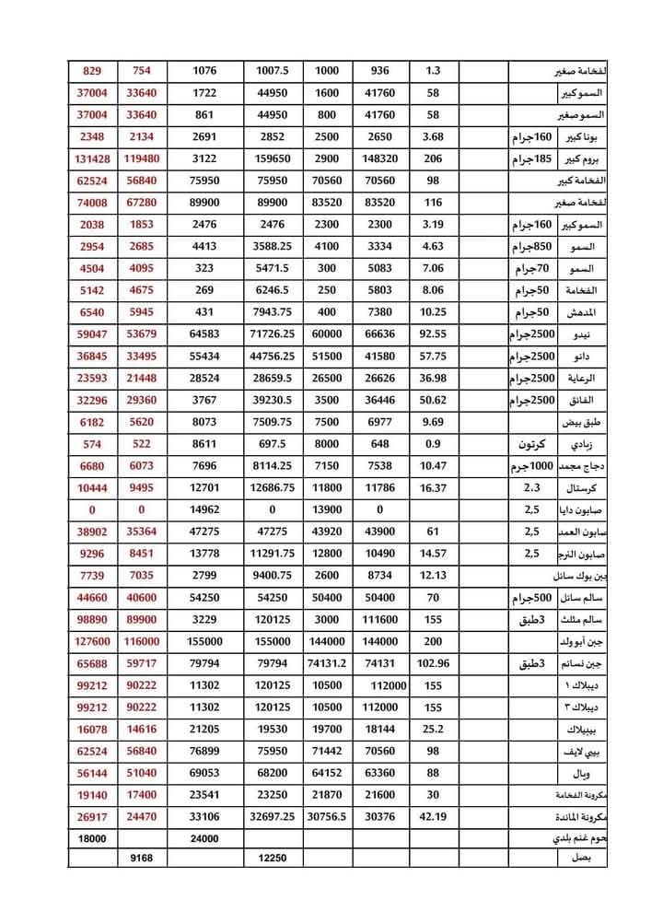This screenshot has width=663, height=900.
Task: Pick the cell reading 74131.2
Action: click(327, 662)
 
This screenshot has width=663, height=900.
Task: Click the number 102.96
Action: click(433, 662)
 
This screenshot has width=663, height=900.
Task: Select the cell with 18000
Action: click(95, 837)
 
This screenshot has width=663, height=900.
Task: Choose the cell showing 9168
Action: click(147, 859)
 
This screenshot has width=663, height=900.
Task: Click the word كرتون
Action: click(529, 443)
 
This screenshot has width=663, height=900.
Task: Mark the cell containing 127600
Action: click(95, 640)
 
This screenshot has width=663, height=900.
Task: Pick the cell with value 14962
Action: click(211, 508)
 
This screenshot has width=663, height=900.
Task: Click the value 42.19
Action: click(433, 815)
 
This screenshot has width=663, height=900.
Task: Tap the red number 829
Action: click(95, 71)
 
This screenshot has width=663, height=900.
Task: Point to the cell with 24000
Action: click(211, 837)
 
